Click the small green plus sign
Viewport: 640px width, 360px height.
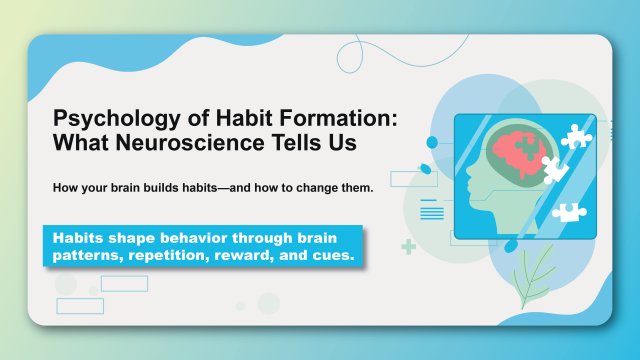408,246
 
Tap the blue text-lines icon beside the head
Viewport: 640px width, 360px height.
432,210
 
